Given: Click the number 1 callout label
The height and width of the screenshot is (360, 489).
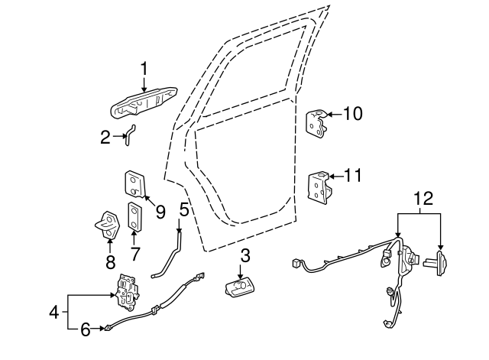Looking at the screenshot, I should (x=143, y=70).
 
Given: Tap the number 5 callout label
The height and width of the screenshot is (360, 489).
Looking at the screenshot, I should (x=184, y=208).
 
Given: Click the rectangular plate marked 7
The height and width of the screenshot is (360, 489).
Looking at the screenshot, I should (x=136, y=216).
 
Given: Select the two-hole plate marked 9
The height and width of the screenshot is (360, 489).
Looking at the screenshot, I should (x=134, y=185).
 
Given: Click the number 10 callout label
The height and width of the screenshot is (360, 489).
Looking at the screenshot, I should (x=352, y=115).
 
